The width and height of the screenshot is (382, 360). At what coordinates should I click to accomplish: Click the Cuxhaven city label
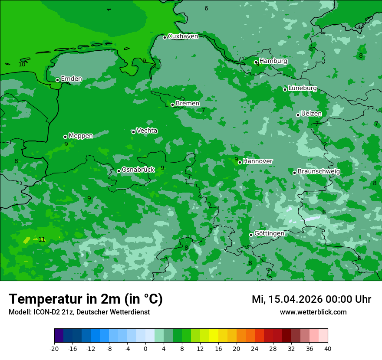pyautogui.click(x=183, y=36)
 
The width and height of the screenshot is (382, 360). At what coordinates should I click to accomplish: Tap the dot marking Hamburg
pyautogui.click(x=256, y=62)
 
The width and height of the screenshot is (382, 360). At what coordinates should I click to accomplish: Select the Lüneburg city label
pyautogui.click(x=303, y=88)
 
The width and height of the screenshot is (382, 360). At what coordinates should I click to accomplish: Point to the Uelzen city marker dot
pyautogui.click(x=298, y=115)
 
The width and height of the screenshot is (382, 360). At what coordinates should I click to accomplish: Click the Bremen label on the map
pyautogui.click(x=188, y=104)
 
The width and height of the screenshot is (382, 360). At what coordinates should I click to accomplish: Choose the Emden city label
pyautogui.click(x=71, y=79)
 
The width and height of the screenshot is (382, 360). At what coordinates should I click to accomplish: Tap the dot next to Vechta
pyautogui.click(x=133, y=132)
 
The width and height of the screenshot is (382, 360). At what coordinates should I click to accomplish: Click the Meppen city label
pyautogui.click(x=81, y=136)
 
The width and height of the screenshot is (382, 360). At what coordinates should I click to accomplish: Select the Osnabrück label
pyautogui.click(x=138, y=170)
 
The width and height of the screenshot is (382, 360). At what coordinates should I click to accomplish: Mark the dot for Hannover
pyautogui.click(x=240, y=162)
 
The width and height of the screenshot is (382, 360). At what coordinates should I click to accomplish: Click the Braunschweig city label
pyautogui.click(x=319, y=172)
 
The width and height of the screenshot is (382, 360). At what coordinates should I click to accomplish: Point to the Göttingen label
pyautogui.click(x=269, y=234)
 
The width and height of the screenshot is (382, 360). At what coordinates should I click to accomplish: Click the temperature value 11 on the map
pyautogui.click(x=42, y=239)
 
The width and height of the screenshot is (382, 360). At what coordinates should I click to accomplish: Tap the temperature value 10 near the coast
pyautogui.click(x=22, y=64)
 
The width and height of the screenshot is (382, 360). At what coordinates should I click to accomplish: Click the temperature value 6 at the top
pyautogui.click(x=206, y=9)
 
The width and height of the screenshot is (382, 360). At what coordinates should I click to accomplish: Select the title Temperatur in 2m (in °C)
pyautogui.click(x=86, y=299)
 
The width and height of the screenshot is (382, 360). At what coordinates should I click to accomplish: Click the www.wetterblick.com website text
pyautogui.click(x=313, y=312)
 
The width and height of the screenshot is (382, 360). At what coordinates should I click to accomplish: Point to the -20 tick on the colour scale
pyautogui.click(x=54, y=349)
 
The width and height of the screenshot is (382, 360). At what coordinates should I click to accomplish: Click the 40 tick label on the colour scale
pyautogui.click(x=328, y=349)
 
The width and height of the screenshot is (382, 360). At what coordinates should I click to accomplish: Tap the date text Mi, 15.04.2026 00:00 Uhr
pyautogui.click(x=311, y=299)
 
